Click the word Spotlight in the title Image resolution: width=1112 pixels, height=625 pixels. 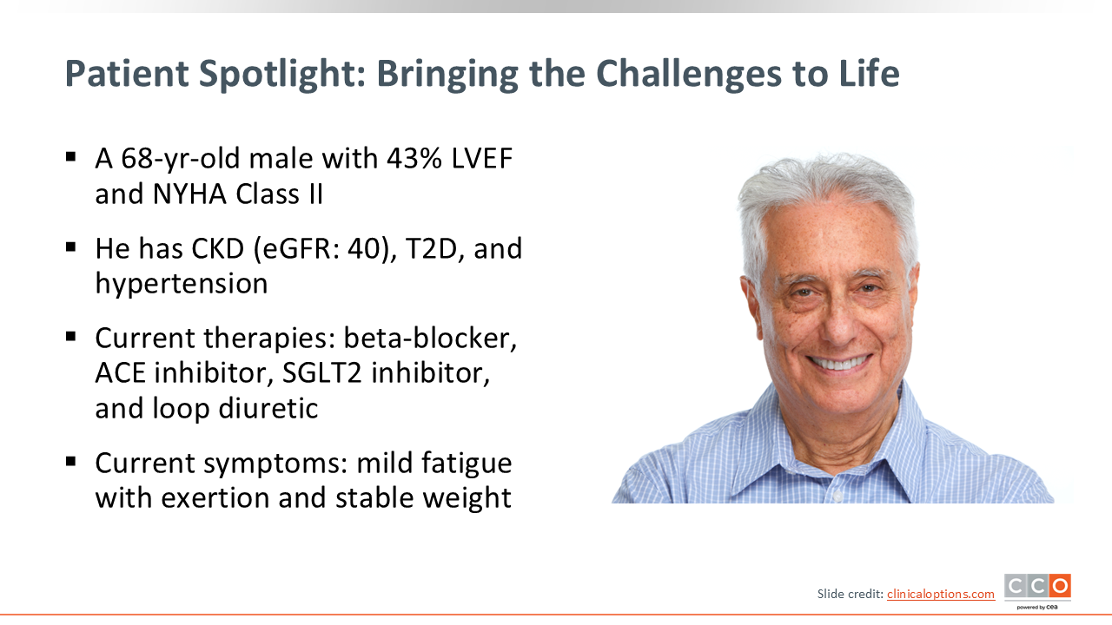pyautogui.click(x=281, y=75)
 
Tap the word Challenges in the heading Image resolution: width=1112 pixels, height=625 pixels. pyautogui.click(x=689, y=75)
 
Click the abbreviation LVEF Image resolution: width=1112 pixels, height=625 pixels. pyautogui.click(x=481, y=159)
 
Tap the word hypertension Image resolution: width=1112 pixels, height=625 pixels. pyautogui.click(x=182, y=285)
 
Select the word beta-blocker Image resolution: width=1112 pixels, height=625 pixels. pyautogui.click(x=430, y=339)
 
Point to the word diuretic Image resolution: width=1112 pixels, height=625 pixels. pyautogui.click(x=268, y=408)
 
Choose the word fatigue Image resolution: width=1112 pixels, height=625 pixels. pyautogui.click(x=467, y=464)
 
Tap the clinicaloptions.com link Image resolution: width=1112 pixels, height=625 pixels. pyautogui.click(x=941, y=594)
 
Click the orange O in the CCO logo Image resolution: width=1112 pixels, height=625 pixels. pyautogui.click(x=1061, y=586)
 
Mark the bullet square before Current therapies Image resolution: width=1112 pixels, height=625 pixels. pyautogui.click(x=70, y=337)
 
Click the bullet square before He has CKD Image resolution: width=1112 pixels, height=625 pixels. pyautogui.click(x=70, y=247)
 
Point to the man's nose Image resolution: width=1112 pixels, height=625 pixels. pyautogui.click(x=839, y=325)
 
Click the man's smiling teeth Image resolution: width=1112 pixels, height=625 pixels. pyautogui.click(x=840, y=363)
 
